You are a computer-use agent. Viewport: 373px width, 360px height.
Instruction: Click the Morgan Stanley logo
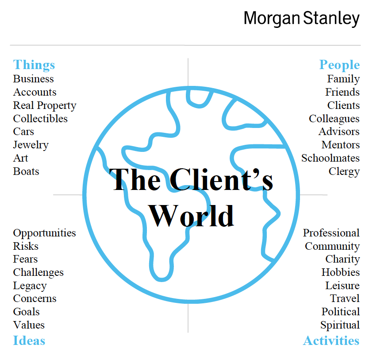coord(302,19)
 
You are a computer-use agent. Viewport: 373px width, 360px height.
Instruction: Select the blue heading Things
coord(34,65)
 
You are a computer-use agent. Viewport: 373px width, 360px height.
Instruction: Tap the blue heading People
coord(339,65)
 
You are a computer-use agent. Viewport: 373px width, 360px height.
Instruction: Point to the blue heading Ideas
coord(29,340)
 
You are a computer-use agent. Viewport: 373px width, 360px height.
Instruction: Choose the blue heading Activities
coord(331,341)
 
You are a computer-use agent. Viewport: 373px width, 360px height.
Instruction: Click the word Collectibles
coord(40,119)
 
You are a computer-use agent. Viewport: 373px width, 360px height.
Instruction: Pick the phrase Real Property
coord(45,106)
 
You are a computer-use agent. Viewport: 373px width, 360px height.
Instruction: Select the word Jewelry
coord(31,145)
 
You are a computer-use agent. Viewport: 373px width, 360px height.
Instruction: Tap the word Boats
coord(26,171)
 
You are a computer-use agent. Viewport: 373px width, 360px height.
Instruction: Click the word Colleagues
coord(334,119)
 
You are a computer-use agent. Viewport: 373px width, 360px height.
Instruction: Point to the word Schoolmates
coord(331,158)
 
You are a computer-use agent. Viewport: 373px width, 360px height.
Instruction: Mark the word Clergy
coord(344,172)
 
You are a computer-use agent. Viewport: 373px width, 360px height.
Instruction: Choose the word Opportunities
coord(45,233)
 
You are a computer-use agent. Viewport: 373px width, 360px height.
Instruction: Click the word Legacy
coord(30,286)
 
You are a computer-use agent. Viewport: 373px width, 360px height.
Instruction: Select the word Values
coord(29,325)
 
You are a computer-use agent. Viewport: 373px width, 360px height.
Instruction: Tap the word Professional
coord(331,233)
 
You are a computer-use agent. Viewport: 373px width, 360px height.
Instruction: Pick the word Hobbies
coord(341,272)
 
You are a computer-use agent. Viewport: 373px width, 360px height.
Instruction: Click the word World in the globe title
coord(191,216)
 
